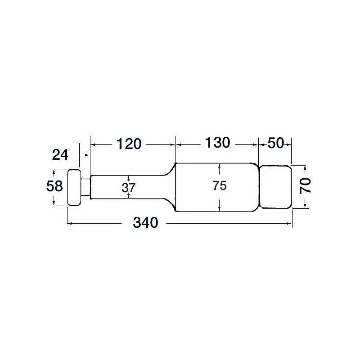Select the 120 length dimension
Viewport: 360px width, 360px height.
point(129,144)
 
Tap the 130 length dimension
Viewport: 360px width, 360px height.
point(218,143)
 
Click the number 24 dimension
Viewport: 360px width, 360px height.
point(60,155)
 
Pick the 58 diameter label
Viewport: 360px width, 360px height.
point(54,186)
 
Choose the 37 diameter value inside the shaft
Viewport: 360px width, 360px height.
point(129,188)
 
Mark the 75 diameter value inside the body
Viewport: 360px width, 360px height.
point(219,186)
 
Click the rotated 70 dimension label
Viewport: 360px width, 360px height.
point(306,185)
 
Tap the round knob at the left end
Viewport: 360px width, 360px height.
point(74,188)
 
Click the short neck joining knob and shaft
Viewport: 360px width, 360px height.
point(85,188)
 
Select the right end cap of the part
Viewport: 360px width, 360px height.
point(275,187)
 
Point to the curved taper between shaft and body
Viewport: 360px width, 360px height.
point(169,171)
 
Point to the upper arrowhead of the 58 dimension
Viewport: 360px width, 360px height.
point(54,172)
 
